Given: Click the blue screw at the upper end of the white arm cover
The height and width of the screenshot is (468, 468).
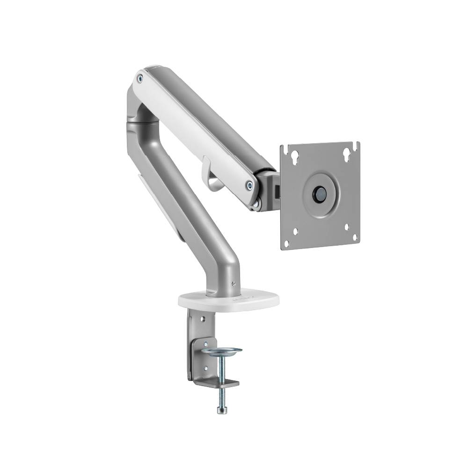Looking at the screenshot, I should [x=139, y=79].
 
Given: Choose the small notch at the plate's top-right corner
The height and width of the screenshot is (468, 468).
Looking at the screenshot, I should [x=357, y=145].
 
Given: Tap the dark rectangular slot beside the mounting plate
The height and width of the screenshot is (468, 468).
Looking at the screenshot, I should [x=277, y=192].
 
